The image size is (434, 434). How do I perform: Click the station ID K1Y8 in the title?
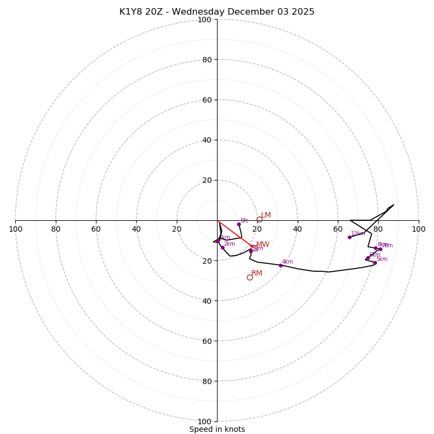[131, 12]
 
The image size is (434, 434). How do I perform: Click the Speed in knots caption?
[217, 429]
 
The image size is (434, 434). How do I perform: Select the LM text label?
[266, 215]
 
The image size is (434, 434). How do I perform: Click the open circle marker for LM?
[259, 219]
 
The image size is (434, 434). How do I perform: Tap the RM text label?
[257, 273]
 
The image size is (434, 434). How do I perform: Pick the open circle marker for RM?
[250, 277]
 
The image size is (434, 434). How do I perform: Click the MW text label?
[263, 245]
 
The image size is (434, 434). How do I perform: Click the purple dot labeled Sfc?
[239, 224]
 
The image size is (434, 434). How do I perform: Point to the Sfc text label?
[245, 221]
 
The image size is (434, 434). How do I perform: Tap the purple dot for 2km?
[222, 247]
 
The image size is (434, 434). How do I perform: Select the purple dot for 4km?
[280, 265]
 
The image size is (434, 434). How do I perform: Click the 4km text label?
[288, 262]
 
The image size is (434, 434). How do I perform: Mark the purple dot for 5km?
[375, 263]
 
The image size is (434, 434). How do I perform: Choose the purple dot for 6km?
[368, 258]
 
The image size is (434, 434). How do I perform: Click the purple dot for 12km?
[349, 237]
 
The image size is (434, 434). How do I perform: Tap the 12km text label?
[358, 234]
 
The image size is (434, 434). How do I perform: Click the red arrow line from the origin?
[233, 233]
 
